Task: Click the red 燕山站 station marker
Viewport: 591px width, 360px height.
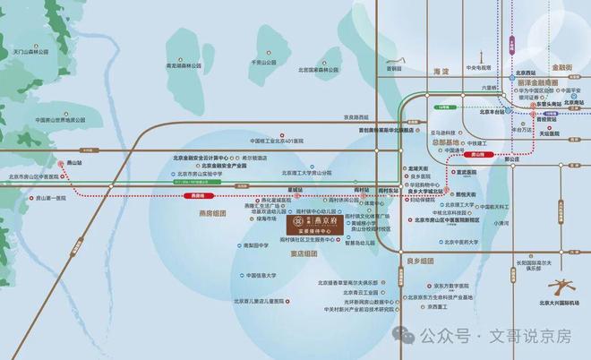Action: [62, 165]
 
